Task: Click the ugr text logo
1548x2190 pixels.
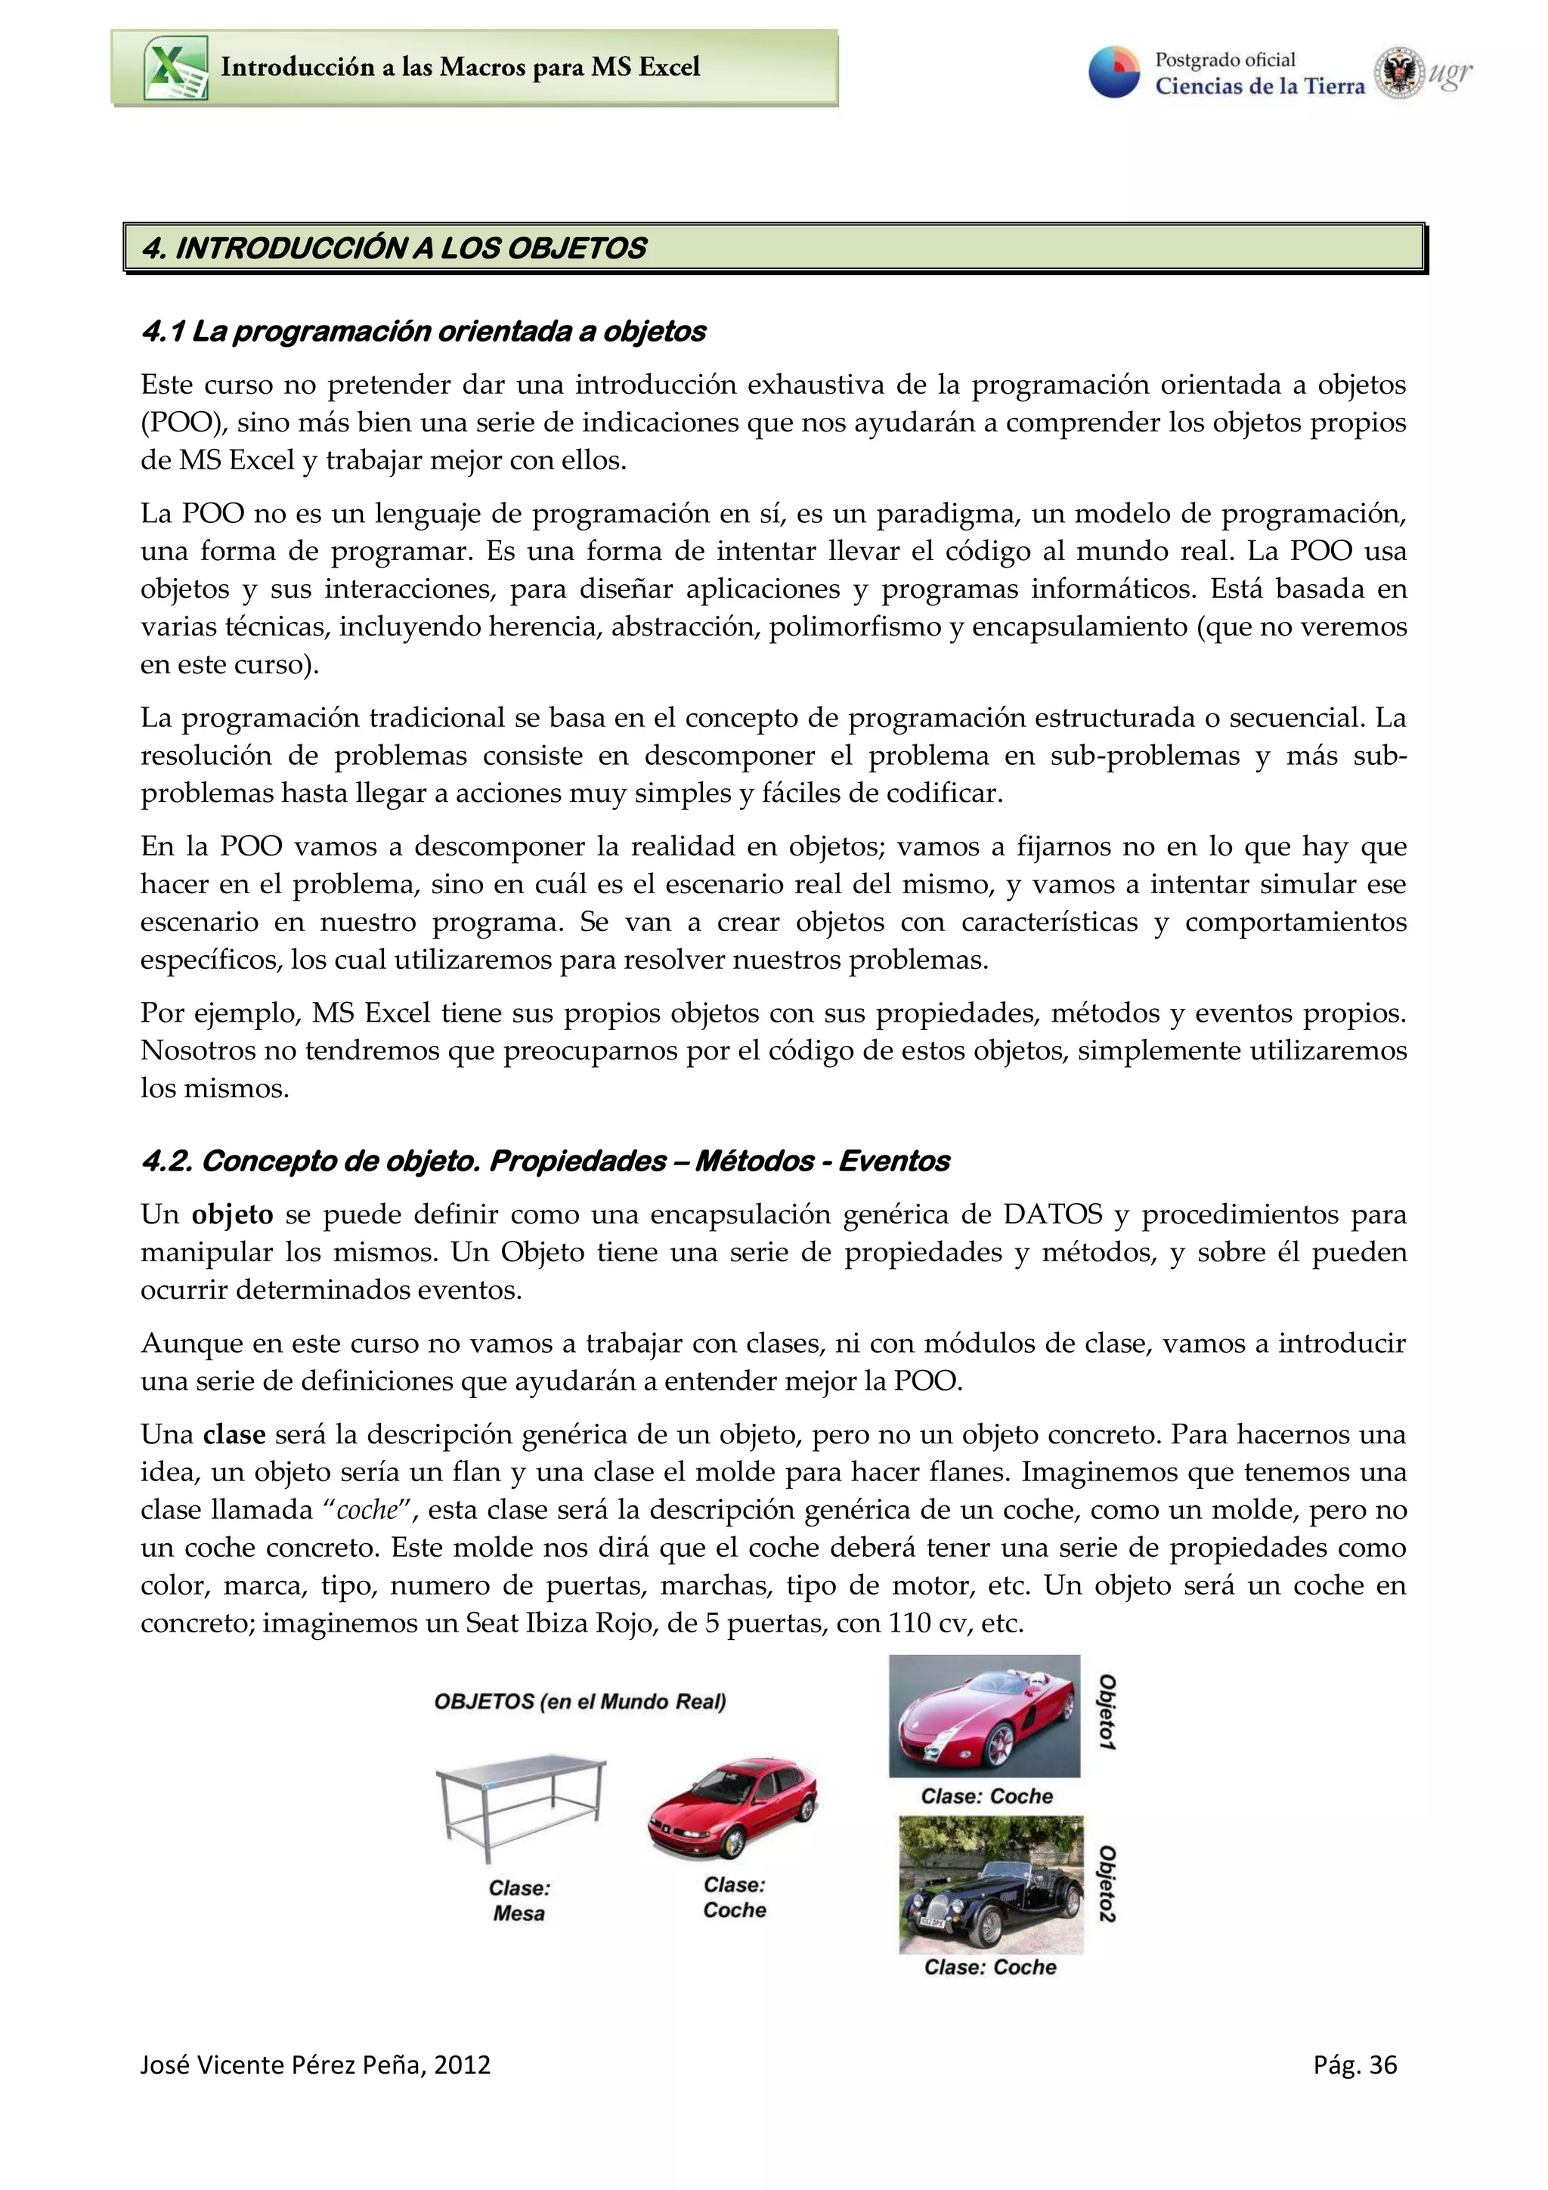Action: coord(1450,73)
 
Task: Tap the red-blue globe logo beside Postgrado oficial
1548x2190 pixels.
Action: coord(1114,73)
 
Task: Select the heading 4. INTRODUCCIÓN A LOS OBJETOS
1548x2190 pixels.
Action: coord(394,248)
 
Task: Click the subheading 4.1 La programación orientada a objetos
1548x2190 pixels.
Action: coord(423,331)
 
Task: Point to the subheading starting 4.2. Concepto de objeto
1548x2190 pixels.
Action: coord(545,1161)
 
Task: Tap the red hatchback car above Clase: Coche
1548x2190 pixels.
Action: coord(732,1807)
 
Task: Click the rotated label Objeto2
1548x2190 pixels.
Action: coord(1107,1884)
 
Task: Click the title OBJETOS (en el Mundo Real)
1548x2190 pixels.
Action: coord(580,1702)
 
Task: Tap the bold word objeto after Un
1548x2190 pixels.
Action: coord(232,1214)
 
